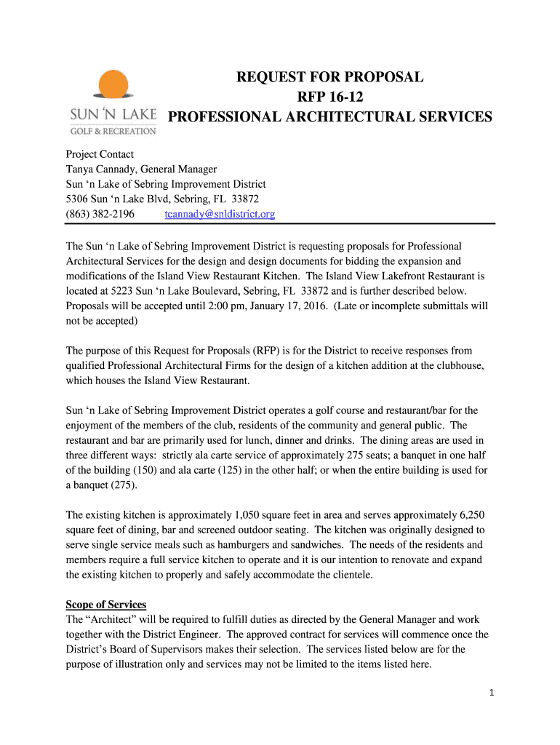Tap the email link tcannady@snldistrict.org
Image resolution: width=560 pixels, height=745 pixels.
(x=220, y=214)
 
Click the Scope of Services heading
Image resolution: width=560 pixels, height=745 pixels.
(x=106, y=605)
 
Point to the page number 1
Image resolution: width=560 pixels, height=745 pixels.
(x=492, y=693)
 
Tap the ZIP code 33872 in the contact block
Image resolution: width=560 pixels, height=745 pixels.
(x=245, y=199)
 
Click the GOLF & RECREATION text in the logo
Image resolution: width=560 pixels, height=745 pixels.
(x=113, y=131)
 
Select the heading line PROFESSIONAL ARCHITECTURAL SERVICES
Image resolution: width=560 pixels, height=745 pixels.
(x=330, y=117)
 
